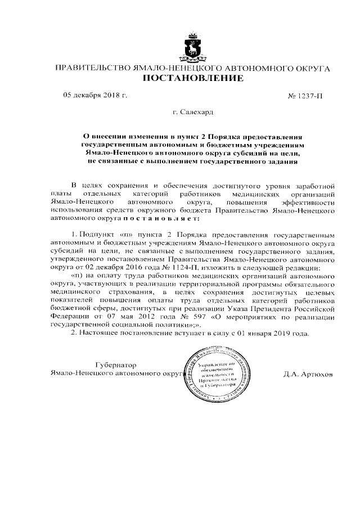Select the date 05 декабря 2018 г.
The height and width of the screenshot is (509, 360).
[x=95, y=96]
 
